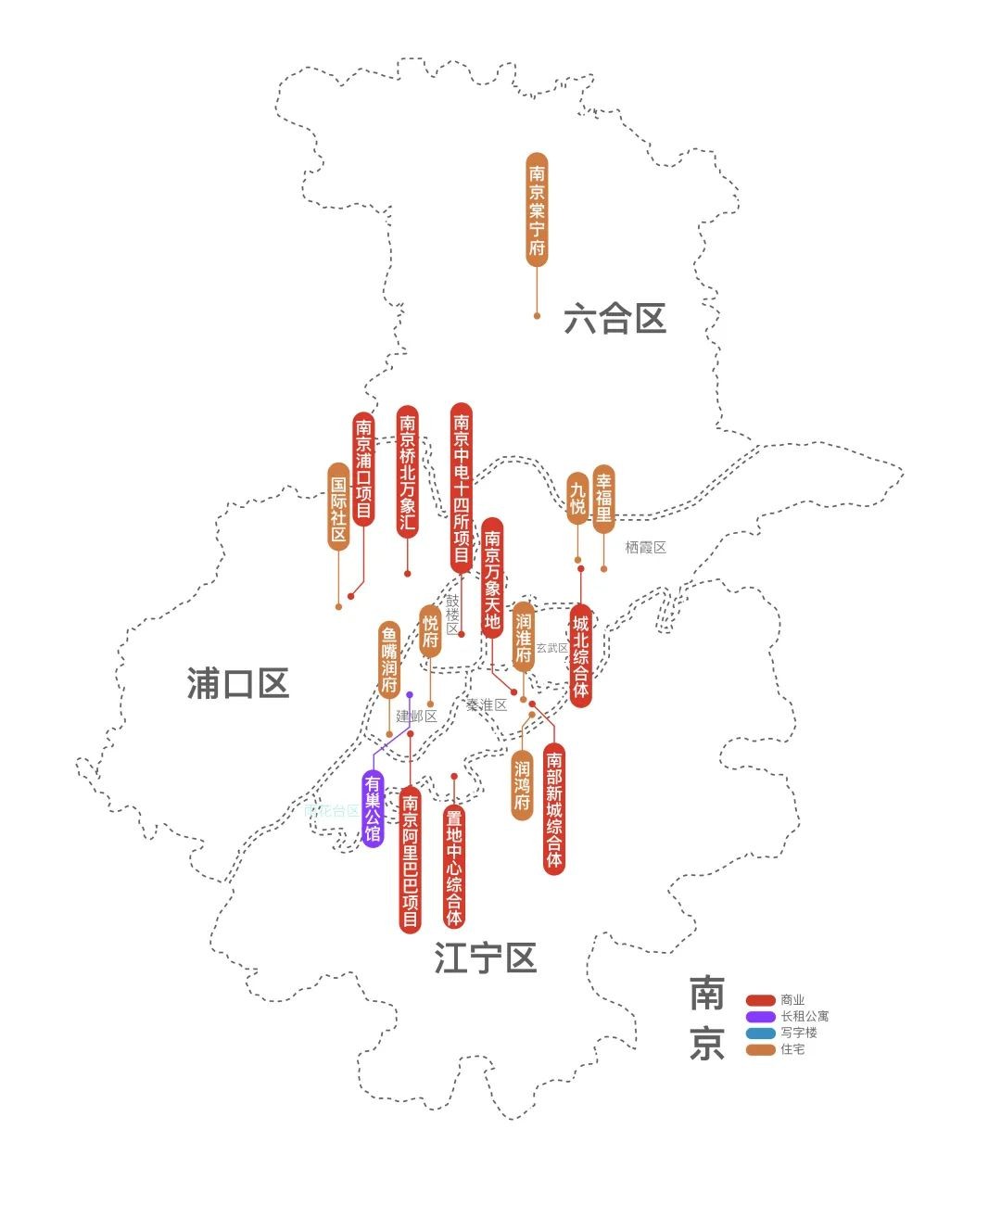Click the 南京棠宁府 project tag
[537, 210]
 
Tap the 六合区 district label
[615, 319]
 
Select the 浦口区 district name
[238, 683]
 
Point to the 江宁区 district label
[486, 958]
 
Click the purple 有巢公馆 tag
[373, 808]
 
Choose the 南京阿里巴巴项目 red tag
[410, 859]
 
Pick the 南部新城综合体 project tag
[554, 809]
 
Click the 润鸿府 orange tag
[523, 785]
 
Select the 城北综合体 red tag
[581, 655]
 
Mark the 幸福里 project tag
[603, 499]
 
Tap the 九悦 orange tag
[577, 499]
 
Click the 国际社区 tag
[338, 507]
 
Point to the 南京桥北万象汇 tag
[407, 472]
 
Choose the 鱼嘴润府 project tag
[389, 659]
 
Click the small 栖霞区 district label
[645, 548]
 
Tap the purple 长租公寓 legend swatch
[761, 1017]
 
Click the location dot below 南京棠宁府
[537, 316]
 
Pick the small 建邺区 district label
[416, 716]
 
